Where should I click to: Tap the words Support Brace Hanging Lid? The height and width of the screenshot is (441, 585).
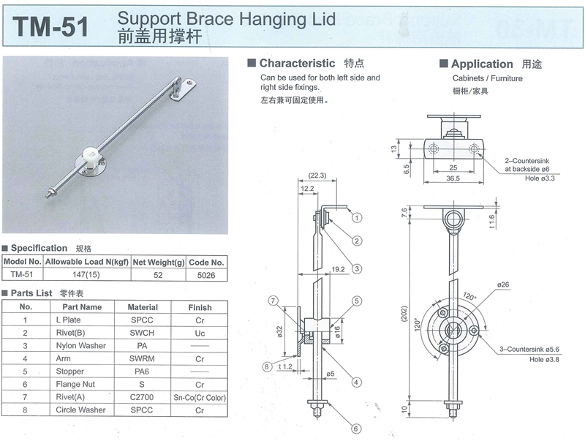[x=226, y=19]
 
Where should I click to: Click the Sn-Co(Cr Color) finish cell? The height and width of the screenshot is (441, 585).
[x=199, y=397]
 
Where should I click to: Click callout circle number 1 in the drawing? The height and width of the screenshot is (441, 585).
[x=357, y=216]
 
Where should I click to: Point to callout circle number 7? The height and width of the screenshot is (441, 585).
[x=272, y=301]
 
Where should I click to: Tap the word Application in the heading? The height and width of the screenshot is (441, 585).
[x=482, y=64]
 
